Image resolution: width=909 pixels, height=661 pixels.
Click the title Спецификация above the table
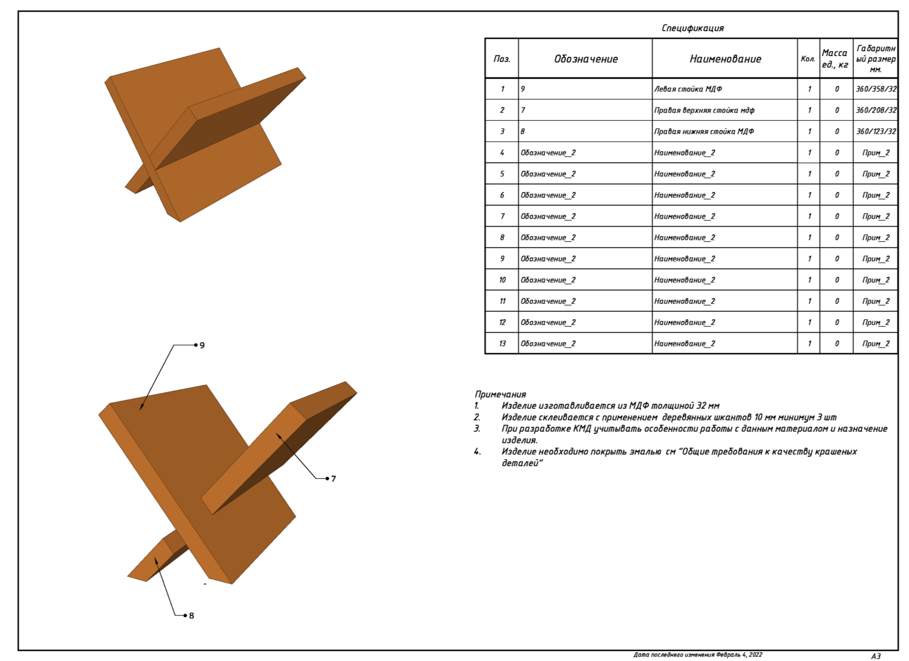click(x=692, y=28)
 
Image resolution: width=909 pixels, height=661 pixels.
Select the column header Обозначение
click(x=585, y=59)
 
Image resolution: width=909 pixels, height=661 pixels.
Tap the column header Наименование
click(x=725, y=59)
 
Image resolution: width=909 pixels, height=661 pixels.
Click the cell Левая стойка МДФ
click(x=688, y=89)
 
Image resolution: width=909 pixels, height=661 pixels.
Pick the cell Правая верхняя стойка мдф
click(x=704, y=110)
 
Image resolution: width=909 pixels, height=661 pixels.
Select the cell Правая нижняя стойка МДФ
click(x=704, y=131)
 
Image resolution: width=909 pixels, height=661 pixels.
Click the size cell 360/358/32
click(x=876, y=89)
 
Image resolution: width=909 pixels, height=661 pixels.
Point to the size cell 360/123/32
click(x=876, y=131)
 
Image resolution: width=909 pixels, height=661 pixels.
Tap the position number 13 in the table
click(x=502, y=344)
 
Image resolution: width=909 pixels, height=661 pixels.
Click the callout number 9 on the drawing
click(x=202, y=345)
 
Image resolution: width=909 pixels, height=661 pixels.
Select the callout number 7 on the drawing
click(x=334, y=479)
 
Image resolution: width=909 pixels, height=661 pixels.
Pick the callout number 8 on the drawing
click(x=192, y=616)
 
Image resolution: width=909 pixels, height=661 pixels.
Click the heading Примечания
click(x=500, y=394)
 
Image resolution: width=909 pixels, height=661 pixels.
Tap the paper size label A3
click(x=876, y=656)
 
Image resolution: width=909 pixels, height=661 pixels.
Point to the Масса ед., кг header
click(x=835, y=58)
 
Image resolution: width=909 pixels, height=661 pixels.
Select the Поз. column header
click(x=502, y=59)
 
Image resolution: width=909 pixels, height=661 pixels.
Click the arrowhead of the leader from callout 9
click(x=141, y=409)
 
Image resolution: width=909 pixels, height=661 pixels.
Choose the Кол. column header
click(x=808, y=59)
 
